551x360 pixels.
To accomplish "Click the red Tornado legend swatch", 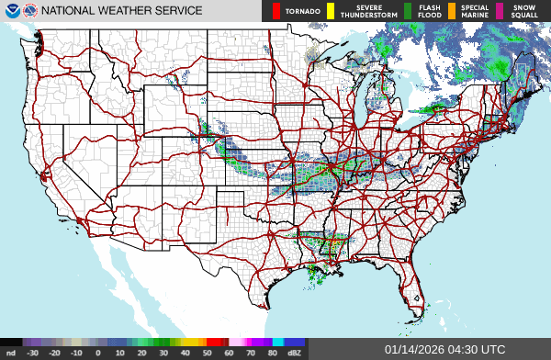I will pos(276,11).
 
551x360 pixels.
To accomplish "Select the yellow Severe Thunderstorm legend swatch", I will pos(331,11).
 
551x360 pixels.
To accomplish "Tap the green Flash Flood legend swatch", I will pos(410,11).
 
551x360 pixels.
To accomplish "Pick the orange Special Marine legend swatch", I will pos(452,11).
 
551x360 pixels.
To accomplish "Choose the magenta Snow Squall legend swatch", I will pos(501,11).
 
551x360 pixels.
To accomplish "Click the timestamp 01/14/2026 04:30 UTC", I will pos(444,350).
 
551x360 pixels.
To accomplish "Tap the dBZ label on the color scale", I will pos(295,352).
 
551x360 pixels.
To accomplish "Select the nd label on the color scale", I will pos(10,352).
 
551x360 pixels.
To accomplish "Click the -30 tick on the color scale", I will pos(32,352).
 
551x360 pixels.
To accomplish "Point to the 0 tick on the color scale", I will pos(98,352).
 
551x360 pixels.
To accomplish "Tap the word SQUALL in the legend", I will pos(525,16).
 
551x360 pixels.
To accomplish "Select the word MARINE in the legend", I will pos(475,16).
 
